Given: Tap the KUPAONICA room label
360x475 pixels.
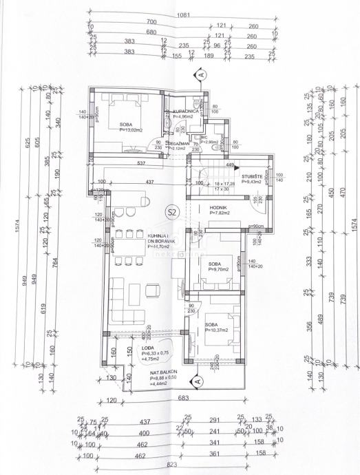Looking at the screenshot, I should pos(186,111).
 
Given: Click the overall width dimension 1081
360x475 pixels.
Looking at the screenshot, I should pos(182,13).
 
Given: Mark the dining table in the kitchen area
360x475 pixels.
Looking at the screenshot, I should pos(127,244).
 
